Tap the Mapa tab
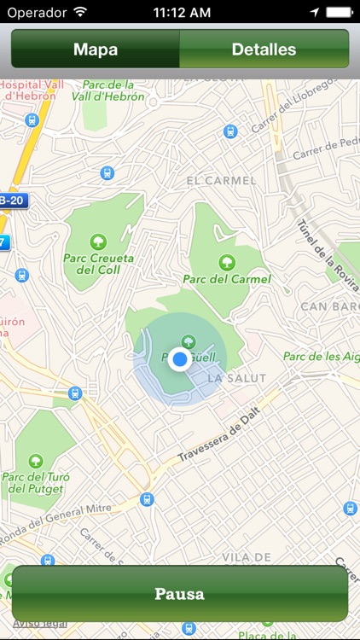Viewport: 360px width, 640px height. [x=95, y=49]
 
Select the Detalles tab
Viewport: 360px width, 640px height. [x=264, y=49]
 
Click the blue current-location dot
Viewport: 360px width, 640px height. [x=179, y=359]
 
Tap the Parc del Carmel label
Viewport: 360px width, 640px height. [x=227, y=278]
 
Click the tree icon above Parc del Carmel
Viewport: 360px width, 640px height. [x=227, y=261]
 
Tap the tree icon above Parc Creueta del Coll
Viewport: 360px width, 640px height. [x=98, y=241]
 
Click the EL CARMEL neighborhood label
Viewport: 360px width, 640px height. [x=221, y=180]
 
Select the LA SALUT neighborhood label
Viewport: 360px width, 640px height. [x=237, y=377]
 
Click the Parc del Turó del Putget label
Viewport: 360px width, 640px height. [x=36, y=482]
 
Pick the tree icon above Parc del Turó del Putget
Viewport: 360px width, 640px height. [x=36, y=462]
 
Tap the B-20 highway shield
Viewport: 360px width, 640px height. [x=13, y=201]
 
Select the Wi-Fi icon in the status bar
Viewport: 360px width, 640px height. [x=80, y=13]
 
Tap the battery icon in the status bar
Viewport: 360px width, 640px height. [x=339, y=13]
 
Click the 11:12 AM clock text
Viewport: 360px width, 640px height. [x=181, y=13]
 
